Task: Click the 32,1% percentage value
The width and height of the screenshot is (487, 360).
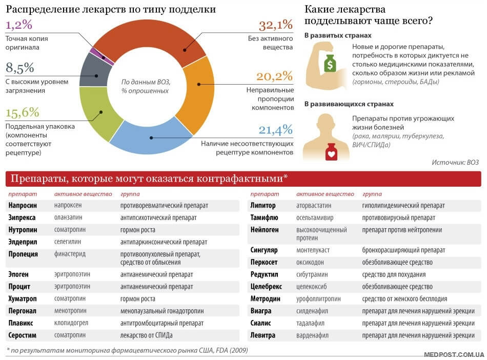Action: (x=276, y=25)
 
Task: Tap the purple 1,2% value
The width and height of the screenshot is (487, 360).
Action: (x=19, y=25)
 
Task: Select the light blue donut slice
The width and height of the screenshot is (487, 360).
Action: (x=150, y=137)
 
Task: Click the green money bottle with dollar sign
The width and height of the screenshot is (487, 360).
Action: (x=330, y=64)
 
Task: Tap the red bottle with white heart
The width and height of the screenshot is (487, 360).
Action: (x=331, y=152)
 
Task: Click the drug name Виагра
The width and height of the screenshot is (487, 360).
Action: (x=261, y=311)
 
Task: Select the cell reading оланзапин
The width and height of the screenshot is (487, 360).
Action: (x=68, y=217)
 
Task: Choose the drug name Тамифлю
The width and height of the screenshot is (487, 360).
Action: (x=264, y=217)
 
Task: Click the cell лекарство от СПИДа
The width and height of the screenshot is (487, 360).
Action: (x=146, y=335)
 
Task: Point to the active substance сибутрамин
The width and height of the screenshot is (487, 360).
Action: (x=312, y=274)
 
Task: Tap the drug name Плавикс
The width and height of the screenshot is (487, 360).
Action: (x=21, y=323)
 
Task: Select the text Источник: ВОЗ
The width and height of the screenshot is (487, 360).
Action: (x=455, y=162)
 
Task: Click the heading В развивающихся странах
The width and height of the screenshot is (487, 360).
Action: (x=349, y=104)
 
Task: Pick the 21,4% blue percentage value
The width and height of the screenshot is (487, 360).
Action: (x=275, y=130)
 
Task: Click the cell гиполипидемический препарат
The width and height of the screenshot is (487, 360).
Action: (x=403, y=206)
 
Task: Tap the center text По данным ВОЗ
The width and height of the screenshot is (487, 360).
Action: (x=146, y=82)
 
